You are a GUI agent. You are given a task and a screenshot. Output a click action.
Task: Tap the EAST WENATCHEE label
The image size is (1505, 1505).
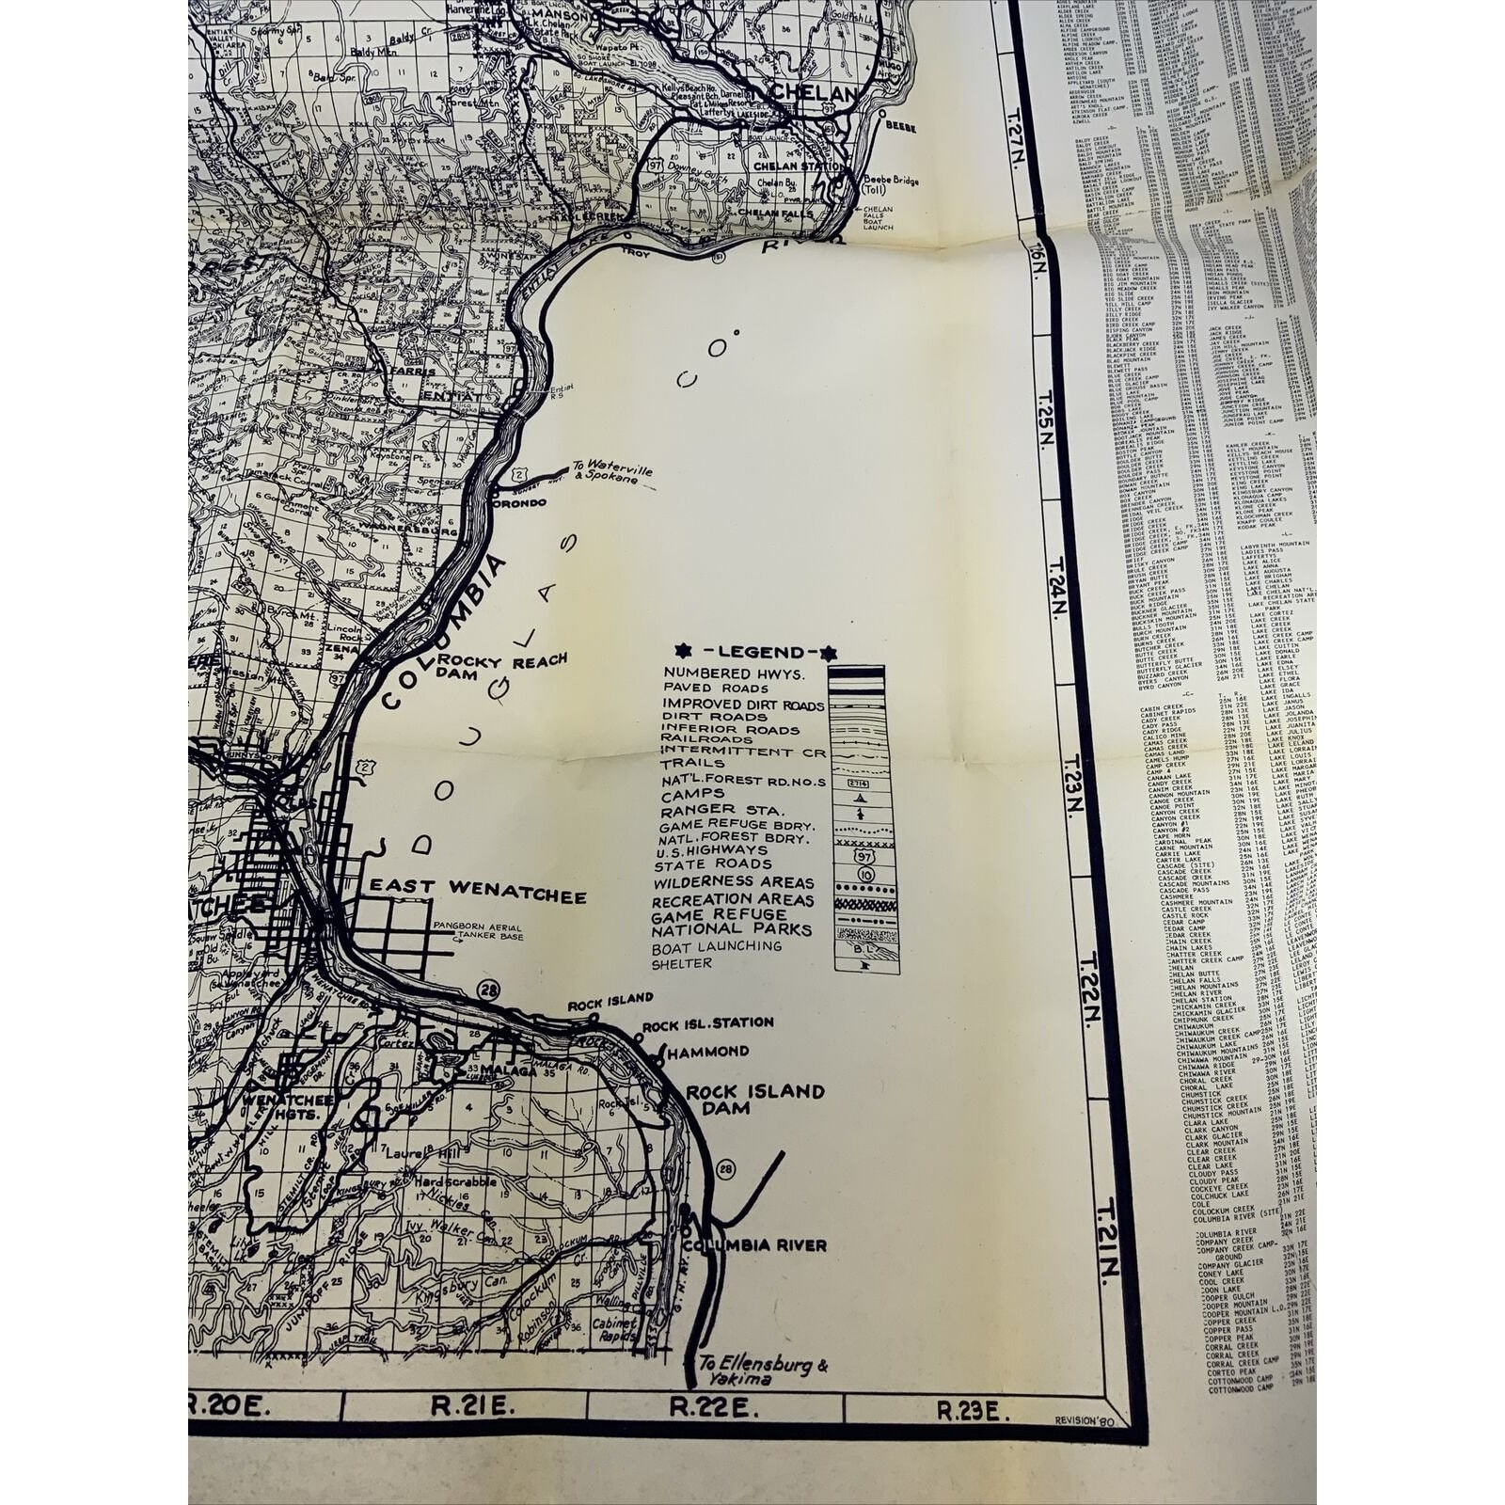[x=478, y=889]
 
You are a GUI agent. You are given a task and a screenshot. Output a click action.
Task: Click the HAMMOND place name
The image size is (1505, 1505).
[x=708, y=1051]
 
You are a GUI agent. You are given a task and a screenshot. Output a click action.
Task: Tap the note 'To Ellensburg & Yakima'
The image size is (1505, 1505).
[x=763, y=1372]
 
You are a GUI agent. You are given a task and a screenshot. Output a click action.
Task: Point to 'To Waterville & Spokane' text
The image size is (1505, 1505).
[x=610, y=475]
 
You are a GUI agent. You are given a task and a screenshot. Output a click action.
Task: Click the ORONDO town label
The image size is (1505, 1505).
[x=521, y=502]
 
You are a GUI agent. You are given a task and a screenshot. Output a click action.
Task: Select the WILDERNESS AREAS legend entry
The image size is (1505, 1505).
[x=734, y=882]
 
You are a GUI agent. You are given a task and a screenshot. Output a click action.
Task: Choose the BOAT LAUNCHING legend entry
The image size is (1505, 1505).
[x=717, y=946]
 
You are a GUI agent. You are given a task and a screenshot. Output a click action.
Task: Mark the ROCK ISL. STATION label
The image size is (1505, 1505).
[x=708, y=1022]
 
